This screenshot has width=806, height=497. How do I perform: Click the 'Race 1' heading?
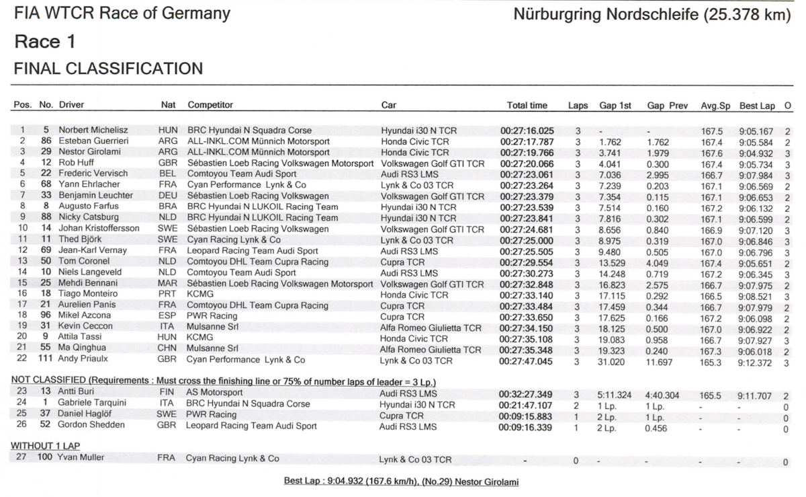pyautogui.click(x=44, y=42)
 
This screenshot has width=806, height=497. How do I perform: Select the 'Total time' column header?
pyautogui.click(x=527, y=106)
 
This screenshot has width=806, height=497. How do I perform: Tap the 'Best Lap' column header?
pyautogui.click(x=757, y=106)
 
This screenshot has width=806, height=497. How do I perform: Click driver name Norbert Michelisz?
pyautogui.click(x=93, y=130)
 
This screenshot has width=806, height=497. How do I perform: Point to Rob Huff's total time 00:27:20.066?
pyautogui.click(x=527, y=163)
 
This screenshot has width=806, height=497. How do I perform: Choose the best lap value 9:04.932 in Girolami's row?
pyautogui.click(x=756, y=153)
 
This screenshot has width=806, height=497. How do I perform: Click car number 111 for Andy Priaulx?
pyautogui.click(x=45, y=360)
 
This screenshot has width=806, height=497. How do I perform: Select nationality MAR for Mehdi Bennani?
pyautogui.click(x=168, y=284)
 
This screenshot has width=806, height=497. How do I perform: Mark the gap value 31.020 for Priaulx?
pyautogui.click(x=611, y=360)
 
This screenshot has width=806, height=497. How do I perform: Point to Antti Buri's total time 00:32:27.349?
pyautogui.click(x=527, y=393)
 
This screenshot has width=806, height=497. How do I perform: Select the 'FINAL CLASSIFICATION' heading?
pyautogui.click(x=107, y=69)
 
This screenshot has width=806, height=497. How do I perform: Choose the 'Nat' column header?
pyautogui.click(x=168, y=106)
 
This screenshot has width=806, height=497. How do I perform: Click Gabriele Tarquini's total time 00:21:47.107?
pyautogui.click(x=527, y=404)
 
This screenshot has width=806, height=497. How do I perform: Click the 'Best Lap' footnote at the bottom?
pyautogui.click(x=401, y=482)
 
